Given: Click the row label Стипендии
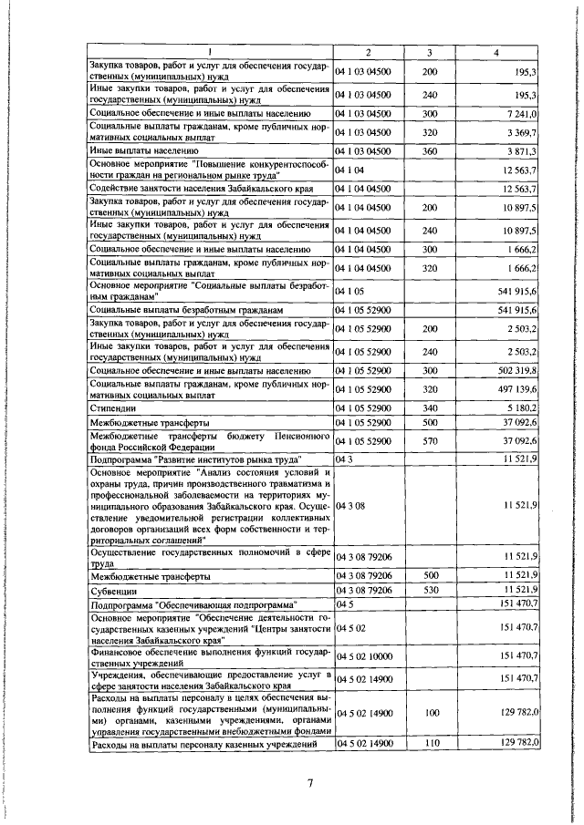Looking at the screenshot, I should pos(112,407).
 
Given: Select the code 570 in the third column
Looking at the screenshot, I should pos(431,441).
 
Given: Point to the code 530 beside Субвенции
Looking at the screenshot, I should pos(431,591).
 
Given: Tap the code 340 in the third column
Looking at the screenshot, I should pos(431,407).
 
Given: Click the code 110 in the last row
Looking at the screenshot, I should pos(431,744).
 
